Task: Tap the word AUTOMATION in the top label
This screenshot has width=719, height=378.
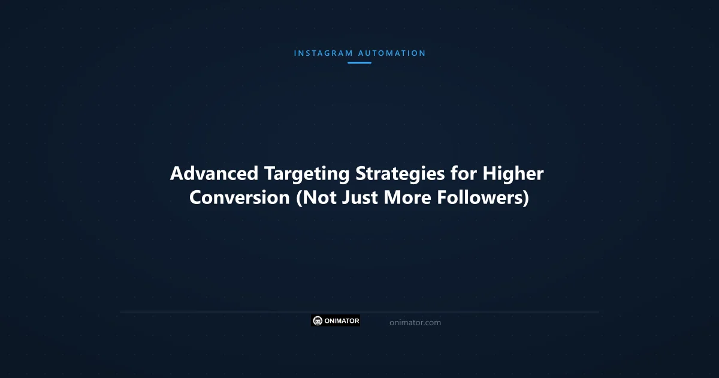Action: [x=392, y=53]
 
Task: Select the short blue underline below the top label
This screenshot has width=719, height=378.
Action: [x=359, y=62]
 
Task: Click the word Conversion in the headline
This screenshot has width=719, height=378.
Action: [x=240, y=198]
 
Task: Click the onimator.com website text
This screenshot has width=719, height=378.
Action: [x=415, y=323]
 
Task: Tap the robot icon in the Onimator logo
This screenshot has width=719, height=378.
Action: [x=318, y=321]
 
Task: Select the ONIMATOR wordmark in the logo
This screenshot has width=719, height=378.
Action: [x=342, y=321]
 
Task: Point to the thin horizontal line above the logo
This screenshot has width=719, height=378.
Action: [x=359, y=312]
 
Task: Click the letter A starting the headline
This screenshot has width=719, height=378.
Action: [x=177, y=174]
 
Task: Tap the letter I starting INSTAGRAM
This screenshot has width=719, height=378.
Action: [x=295, y=53]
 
